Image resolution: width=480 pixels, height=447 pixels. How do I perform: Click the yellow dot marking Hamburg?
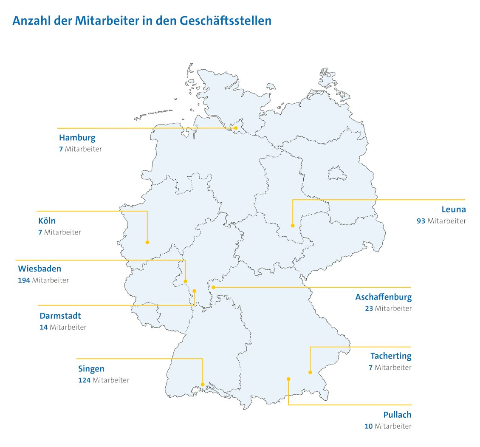tap(236, 128)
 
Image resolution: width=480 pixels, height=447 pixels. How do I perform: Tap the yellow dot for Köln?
tap(147, 242)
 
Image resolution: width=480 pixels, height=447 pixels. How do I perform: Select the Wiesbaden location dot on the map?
tap(186, 281)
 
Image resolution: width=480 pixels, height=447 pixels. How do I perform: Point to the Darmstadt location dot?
tap(195, 291)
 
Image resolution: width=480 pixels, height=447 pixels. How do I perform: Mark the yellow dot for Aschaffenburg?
tap(214, 287)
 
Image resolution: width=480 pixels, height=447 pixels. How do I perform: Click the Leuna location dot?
tap(293, 226)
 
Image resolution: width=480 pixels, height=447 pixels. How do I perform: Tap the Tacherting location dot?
tap(310, 373)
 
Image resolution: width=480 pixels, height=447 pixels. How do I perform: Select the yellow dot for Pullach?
tap(288, 379)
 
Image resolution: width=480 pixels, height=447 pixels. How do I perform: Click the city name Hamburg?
tap(77, 138)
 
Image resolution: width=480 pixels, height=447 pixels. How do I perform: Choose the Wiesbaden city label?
tap(40, 269)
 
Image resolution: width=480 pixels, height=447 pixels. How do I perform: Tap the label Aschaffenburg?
tap(383, 297)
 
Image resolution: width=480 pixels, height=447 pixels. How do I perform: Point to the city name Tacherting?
tap(390, 356)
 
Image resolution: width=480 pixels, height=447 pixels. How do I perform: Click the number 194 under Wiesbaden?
tap(24, 280)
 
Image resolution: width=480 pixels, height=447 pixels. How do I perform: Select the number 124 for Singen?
tap(84, 380)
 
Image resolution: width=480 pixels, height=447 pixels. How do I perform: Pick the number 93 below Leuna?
tap(421, 221)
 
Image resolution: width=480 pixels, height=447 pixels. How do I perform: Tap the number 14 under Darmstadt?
tap(43, 327)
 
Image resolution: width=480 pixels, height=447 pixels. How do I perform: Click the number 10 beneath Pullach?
tap(369, 426)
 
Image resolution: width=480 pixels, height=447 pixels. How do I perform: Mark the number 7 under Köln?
tap(40, 232)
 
